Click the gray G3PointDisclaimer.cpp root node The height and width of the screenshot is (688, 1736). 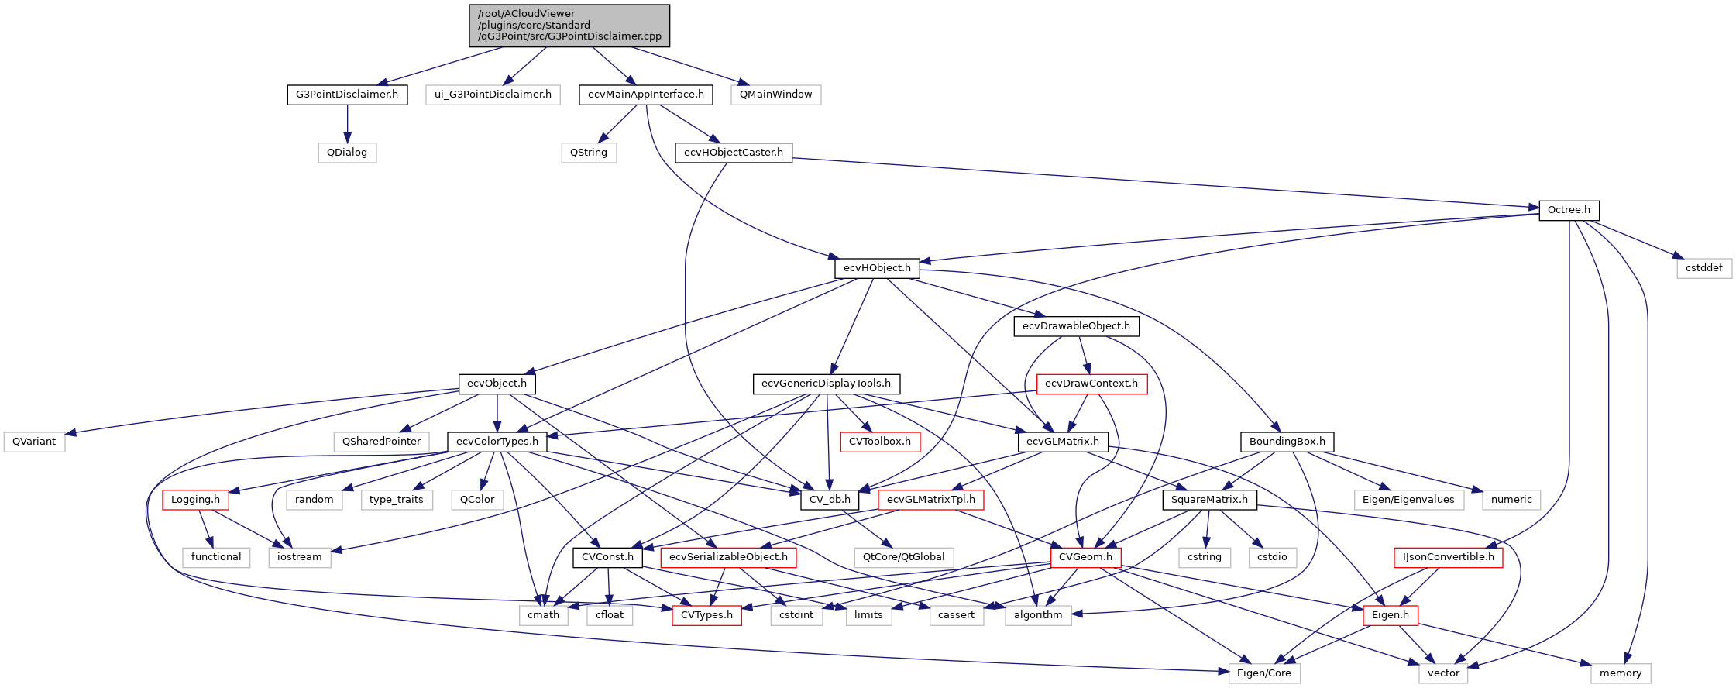(569, 25)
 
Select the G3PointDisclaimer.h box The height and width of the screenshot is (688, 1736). (347, 95)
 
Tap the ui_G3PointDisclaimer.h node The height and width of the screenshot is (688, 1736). (493, 95)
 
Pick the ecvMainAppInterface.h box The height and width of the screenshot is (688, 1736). (645, 95)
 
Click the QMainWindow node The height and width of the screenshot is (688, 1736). (775, 95)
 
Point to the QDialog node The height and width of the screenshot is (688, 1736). (347, 153)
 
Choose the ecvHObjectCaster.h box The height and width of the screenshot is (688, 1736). (733, 153)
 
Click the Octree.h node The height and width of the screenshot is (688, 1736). (1569, 210)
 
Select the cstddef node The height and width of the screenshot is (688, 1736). (1704, 268)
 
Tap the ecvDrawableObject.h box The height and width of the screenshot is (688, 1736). (1076, 326)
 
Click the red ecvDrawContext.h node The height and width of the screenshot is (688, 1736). (1091, 384)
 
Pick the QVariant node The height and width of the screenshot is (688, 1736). (34, 442)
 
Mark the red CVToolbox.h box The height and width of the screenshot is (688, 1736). (880, 442)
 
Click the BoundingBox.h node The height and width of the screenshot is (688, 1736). (1287, 442)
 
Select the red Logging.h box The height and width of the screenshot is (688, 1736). (195, 500)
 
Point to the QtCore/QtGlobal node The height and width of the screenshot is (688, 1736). (904, 557)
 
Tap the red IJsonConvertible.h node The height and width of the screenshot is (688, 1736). (1448, 557)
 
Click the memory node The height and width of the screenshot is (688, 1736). (1621, 673)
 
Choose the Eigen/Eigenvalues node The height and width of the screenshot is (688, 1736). (1408, 500)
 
